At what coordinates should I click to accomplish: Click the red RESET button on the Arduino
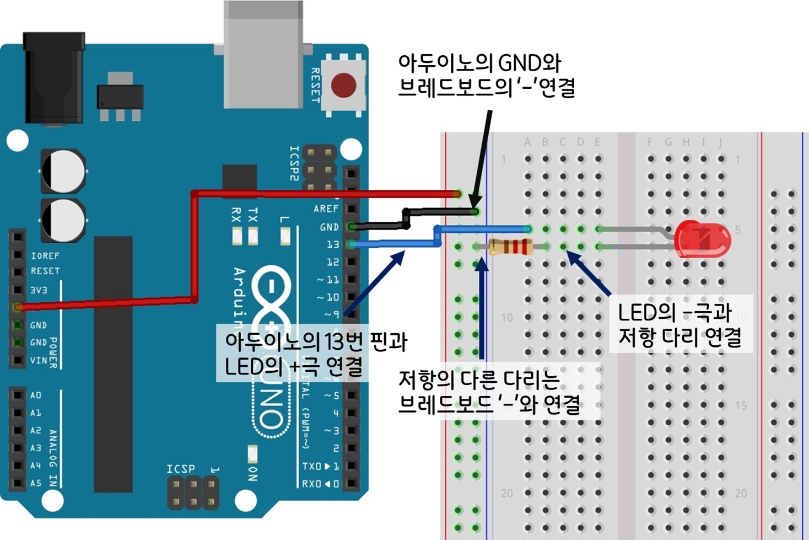pos(343,85)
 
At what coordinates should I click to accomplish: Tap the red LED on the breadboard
pos(703,239)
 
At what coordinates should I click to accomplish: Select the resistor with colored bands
pos(510,247)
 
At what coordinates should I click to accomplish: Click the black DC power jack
pos(53,78)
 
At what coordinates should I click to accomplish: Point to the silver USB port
pos(263,55)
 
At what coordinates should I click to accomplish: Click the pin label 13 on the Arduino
pos(333,244)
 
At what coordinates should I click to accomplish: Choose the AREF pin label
pos(326,208)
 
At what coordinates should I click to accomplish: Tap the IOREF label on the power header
pos(45,256)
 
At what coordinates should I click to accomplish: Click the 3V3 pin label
pos(39,290)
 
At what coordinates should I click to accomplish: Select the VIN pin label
pos(39,360)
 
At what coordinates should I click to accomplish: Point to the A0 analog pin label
pos(36,395)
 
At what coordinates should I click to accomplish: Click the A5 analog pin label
pos(36,483)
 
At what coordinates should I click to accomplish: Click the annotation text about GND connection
pos(486,76)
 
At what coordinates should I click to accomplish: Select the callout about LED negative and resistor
pos(680,324)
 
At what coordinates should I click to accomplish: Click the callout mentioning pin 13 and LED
pos(315,354)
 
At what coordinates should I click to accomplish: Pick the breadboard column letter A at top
pos(527,142)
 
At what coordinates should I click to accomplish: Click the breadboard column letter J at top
pos(720,142)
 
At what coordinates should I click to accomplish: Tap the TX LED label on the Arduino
pos(253,215)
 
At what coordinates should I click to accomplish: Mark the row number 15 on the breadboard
pos(741,405)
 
